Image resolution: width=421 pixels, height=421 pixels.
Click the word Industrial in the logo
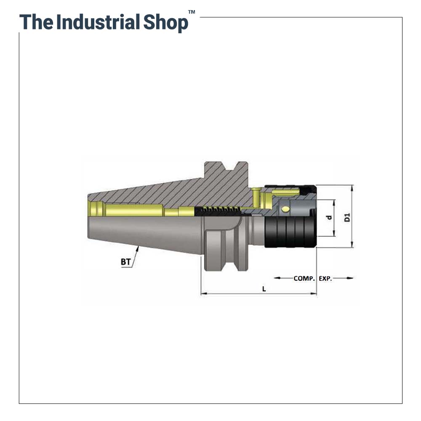pyautogui.click(x=98, y=22)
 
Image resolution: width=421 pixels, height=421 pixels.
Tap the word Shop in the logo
pyautogui.click(x=165, y=23)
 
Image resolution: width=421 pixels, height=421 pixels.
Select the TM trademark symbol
pyautogui.click(x=192, y=12)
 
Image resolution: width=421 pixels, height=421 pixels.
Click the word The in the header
pyautogui.click(x=36, y=22)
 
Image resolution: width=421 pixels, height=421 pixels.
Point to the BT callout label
pyautogui.click(x=125, y=262)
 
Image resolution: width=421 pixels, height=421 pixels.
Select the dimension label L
pyautogui.click(x=264, y=289)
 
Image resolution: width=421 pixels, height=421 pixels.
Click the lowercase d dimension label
pyautogui.click(x=329, y=218)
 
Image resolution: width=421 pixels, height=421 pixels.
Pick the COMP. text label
pyautogui.click(x=304, y=278)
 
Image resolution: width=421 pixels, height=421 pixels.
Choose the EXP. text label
pyautogui.click(x=325, y=279)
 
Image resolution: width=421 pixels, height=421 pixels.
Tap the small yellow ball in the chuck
pyautogui.click(x=285, y=209)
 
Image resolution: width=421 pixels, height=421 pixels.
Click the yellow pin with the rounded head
pyautogui.click(x=256, y=198)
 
